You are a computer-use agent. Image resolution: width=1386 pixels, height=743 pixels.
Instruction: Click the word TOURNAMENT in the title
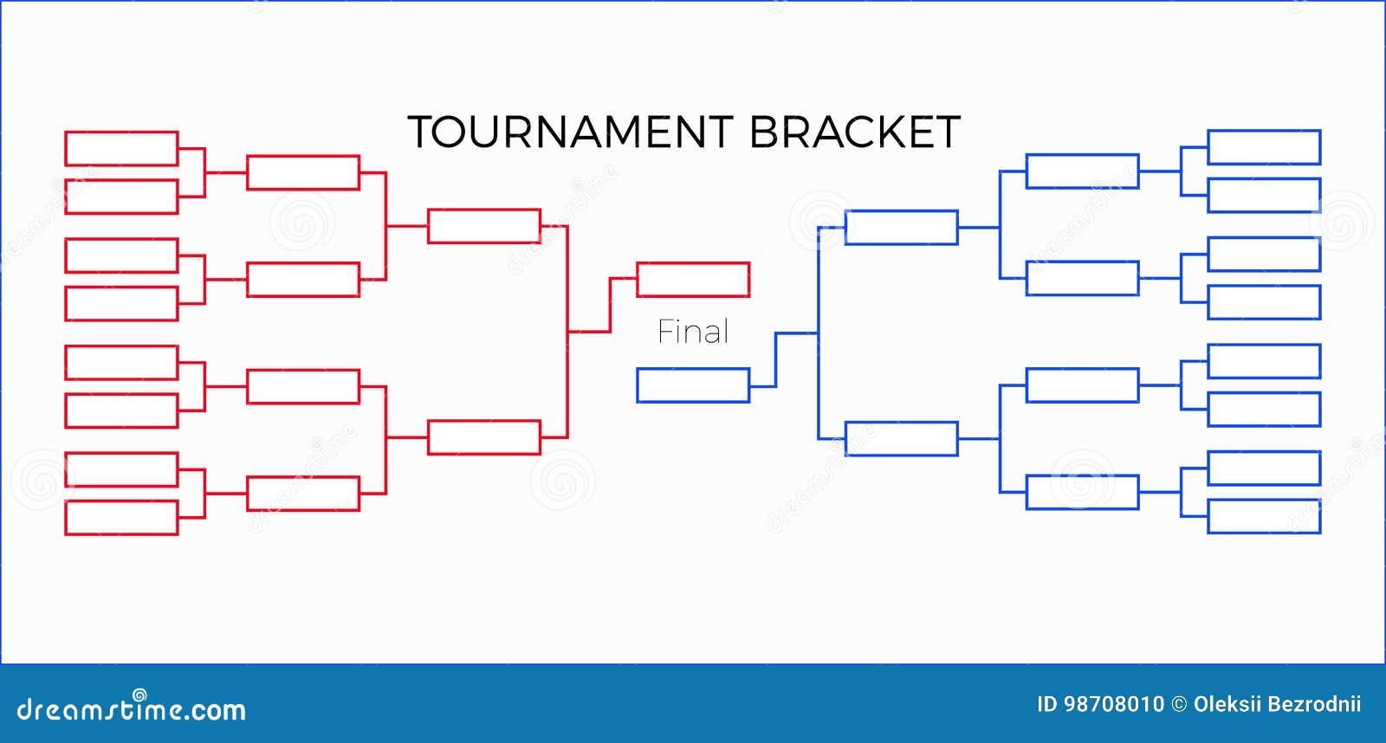[571, 132]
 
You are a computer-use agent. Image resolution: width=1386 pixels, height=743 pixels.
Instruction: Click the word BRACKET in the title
[855, 132]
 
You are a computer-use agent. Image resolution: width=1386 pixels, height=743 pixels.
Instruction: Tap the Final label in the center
[693, 332]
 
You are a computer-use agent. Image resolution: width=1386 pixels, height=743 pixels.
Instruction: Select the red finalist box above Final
[693, 263]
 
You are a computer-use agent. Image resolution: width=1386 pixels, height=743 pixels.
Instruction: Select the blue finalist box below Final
[693, 369]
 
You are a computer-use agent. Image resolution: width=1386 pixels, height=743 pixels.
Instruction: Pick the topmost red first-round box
[122, 132]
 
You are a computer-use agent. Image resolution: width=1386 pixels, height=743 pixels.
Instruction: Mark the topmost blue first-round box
[1264, 131]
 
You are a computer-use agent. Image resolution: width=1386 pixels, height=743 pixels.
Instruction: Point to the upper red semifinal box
[484, 210]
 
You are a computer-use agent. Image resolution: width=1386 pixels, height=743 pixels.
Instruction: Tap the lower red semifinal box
[484, 422]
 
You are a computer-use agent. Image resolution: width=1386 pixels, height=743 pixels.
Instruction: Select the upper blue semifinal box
[902, 211]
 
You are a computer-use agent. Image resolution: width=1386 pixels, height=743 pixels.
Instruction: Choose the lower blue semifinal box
[902, 423]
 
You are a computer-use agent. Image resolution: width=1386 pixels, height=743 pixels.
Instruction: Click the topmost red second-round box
[303, 156]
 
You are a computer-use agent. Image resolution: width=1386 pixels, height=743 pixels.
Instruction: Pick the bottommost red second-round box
[303, 477]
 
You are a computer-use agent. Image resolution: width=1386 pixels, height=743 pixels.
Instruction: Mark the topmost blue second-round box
[1083, 155]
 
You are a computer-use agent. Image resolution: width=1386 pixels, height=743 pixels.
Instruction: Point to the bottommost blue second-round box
[1083, 475]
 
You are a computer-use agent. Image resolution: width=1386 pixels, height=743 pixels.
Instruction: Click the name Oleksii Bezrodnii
[1277, 704]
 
